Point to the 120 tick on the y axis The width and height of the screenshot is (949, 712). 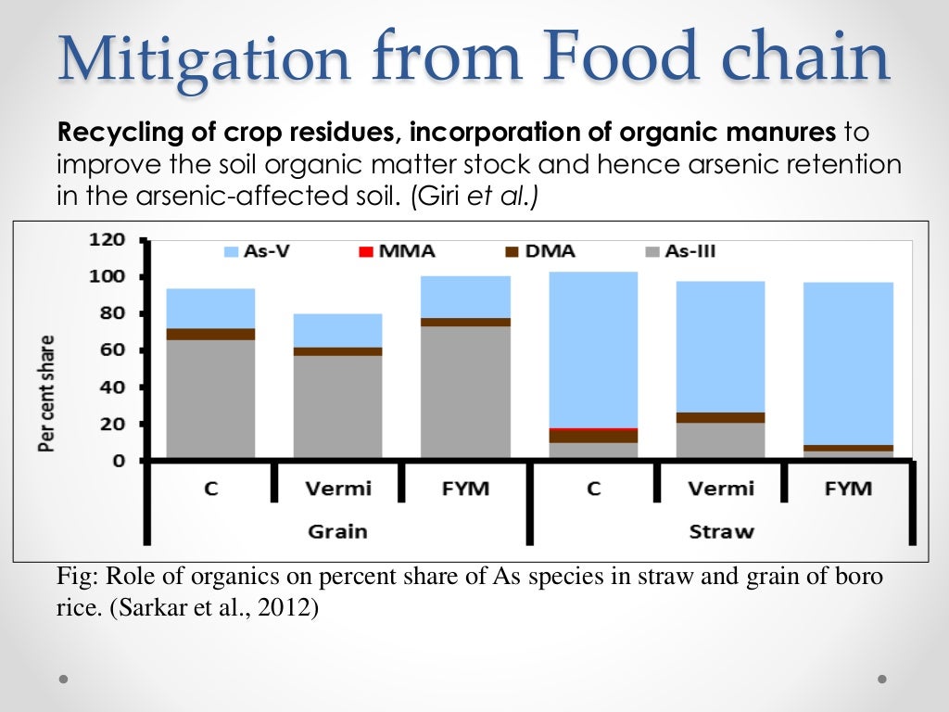click(x=106, y=239)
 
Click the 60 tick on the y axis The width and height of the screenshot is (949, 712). click(x=111, y=350)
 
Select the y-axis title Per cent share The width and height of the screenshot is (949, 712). click(x=45, y=393)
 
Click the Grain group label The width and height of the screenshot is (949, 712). click(x=337, y=531)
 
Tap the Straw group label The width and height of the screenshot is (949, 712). click(x=721, y=531)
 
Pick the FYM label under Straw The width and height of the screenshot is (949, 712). click(x=848, y=489)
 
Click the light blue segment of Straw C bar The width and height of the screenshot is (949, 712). click(x=593, y=348)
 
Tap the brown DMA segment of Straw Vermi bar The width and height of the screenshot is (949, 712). click(x=720, y=417)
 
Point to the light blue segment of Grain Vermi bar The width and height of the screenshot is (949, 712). click(x=337, y=330)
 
